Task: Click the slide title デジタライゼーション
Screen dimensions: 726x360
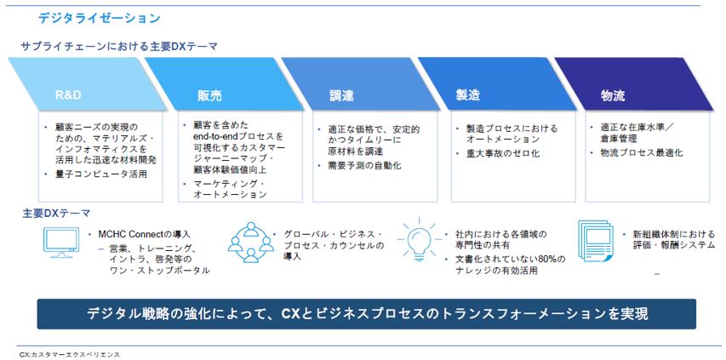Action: click(99, 18)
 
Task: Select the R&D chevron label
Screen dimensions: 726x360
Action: click(68, 96)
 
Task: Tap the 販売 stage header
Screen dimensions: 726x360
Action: click(209, 96)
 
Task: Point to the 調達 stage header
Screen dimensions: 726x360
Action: click(341, 96)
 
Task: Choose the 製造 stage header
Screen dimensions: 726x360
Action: click(467, 94)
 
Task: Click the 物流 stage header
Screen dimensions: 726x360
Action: click(613, 96)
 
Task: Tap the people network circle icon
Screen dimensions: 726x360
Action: click(250, 243)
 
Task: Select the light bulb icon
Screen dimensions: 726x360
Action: click(419, 240)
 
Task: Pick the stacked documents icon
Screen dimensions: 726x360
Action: click(596, 241)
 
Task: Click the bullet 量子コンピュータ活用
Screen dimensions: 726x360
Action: click(101, 174)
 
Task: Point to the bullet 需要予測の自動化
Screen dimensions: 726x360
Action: click(365, 165)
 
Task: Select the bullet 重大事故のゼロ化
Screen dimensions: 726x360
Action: click(503, 153)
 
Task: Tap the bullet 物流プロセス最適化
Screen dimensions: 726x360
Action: click(641, 152)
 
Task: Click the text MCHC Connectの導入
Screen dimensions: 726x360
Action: click(145, 235)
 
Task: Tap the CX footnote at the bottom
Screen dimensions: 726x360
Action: click(70, 354)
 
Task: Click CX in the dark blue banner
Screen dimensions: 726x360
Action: click(291, 314)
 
